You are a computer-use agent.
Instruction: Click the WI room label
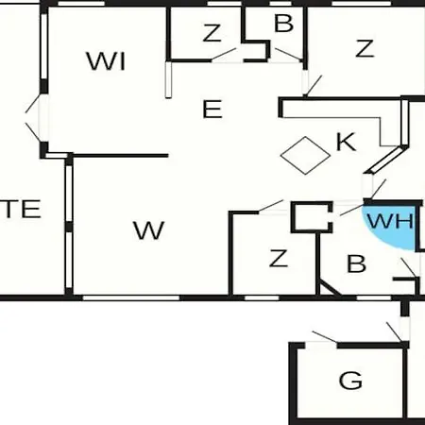coord(106,61)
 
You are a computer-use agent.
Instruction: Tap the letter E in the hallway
coord(212,109)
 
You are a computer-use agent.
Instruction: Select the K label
coord(346,142)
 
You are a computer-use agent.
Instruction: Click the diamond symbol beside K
coord(305,155)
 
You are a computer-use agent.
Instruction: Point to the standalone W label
coord(148,230)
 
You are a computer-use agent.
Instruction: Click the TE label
coord(22,209)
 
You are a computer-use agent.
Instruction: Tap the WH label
coord(390,220)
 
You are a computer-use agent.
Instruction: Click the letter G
coord(350,381)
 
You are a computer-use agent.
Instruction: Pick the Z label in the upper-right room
coord(365,48)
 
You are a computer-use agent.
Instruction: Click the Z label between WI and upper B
coord(212,33)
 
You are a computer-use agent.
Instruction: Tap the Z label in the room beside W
coord(279,258)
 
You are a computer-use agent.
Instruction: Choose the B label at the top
coord(283,23)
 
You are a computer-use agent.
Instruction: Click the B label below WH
coord(356,263)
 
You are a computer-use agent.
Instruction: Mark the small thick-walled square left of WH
coord(312,217)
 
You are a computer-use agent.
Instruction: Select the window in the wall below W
coord(131,297)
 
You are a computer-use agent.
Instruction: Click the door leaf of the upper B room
coord(288,54)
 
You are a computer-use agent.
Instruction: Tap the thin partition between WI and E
coord(169,79)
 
